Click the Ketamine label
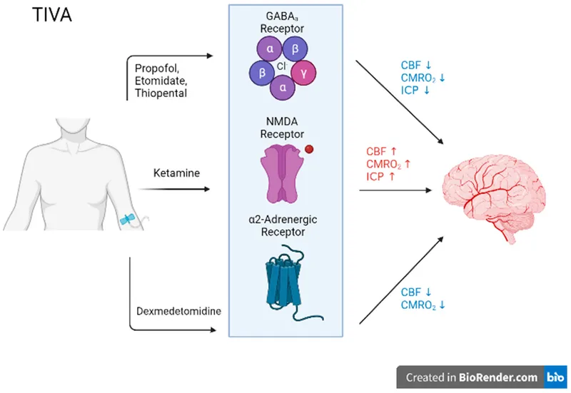click(174, 173)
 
